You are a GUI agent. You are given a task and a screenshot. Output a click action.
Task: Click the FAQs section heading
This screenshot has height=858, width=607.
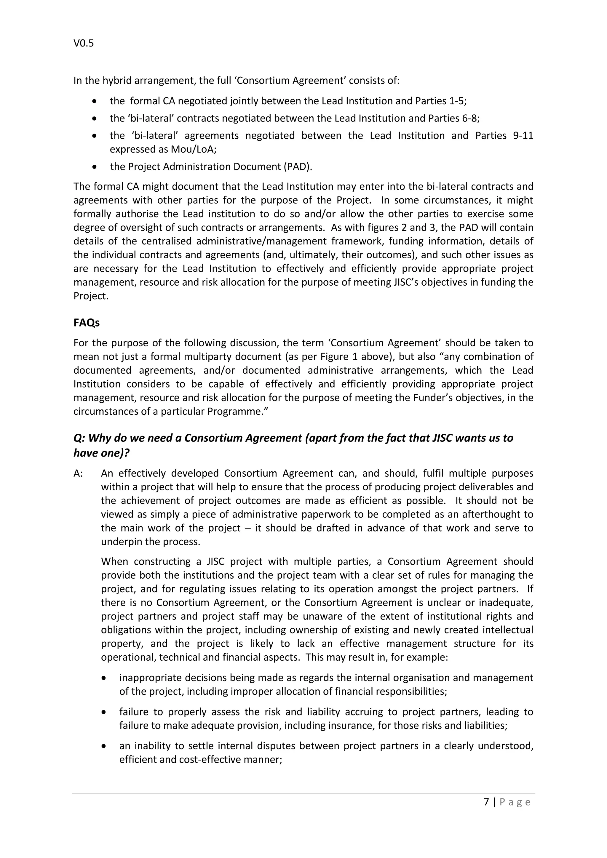coord(86,323)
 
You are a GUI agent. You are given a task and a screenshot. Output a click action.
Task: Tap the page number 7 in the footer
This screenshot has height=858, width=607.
coord(486,802)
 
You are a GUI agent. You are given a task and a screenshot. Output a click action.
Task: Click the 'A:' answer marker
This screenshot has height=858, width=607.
coord(79,473)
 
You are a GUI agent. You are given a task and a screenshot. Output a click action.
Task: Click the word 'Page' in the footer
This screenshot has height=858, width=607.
coord(515,802)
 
